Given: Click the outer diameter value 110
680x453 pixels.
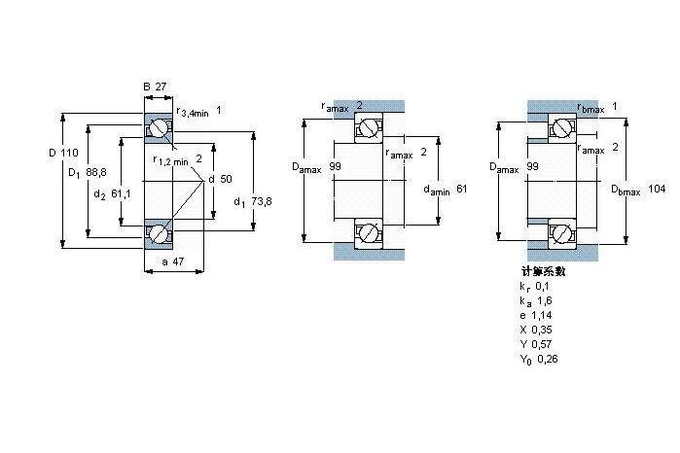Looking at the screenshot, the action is coord(69,153).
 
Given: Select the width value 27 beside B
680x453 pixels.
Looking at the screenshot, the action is coord(161,87).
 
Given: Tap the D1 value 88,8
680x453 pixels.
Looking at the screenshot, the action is coord(96,172).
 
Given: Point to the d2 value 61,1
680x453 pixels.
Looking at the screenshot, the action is coord(121,193).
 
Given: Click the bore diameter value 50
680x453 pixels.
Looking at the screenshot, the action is coord(226,179).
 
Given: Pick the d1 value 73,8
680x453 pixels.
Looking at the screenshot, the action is coord(262,201).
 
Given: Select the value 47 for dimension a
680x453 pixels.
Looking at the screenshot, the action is coord(178,261).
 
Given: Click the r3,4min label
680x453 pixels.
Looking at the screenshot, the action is coord(193,112).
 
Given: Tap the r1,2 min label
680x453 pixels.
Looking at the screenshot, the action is coord(170,160).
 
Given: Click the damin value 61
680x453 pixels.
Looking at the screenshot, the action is coord(461,189).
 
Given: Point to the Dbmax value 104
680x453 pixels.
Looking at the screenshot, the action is coord(657,189).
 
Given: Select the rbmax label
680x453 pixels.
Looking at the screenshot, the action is coord(591,108).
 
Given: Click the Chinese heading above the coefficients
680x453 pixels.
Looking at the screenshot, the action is coord(544,271).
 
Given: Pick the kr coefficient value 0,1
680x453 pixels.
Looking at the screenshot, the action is coord(542,286).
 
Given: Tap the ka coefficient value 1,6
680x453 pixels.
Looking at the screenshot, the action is coord(545,300).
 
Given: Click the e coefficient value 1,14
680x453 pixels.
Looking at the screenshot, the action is coord(542,315).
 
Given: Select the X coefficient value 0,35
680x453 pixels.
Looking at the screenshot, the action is coord(542,330).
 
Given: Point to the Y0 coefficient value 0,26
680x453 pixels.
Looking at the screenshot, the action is coord(548,359).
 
